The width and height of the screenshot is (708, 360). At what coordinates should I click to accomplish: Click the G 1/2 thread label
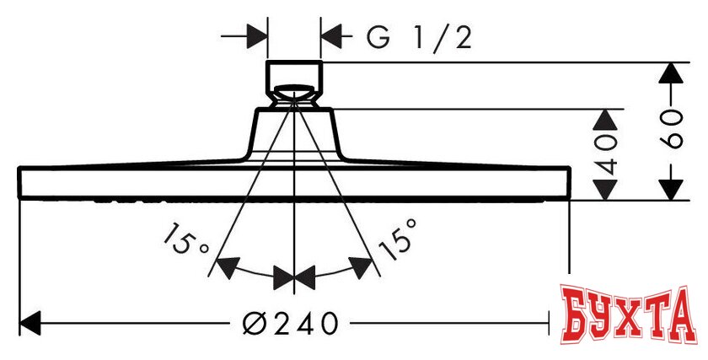point(419,39)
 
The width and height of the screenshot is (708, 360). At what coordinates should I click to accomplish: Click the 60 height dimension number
point(671,129)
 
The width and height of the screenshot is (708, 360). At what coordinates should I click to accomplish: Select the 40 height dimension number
point(605,155)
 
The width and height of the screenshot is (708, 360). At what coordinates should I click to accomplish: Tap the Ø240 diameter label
point(290,324)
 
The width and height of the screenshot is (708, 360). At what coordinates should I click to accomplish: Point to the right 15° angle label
point(397,239)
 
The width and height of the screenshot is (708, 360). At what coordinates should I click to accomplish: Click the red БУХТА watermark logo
point(627,314)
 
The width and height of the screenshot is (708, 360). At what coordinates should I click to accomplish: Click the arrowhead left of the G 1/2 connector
point(257,37)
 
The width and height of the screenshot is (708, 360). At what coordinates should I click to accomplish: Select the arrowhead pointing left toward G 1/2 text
point(331,37)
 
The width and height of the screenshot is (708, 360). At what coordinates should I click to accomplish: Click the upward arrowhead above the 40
point(605,121)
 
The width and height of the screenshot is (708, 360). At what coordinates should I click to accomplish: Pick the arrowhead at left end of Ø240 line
point(30,323)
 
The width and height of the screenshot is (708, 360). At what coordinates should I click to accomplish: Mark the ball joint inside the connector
point(294,92)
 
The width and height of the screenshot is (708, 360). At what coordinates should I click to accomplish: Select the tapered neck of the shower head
point(294,134)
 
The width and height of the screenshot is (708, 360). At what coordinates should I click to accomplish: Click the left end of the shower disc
point(19,183)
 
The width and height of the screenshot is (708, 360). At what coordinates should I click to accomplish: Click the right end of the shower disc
point(569,183)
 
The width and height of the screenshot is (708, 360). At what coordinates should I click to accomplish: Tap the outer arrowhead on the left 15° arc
point(226,267)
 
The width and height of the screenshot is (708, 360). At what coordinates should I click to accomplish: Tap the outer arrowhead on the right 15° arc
point(362,267)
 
